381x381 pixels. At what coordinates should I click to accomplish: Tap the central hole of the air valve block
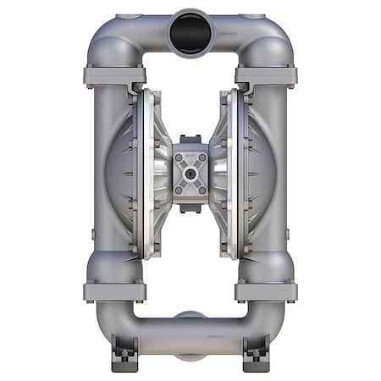[x=190, y=173]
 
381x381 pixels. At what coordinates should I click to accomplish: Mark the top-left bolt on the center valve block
[x=179, y=158]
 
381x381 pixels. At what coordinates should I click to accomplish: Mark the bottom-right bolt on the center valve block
[x=202, y=189]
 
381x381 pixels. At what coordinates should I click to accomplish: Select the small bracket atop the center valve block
[x=190, y=141]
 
